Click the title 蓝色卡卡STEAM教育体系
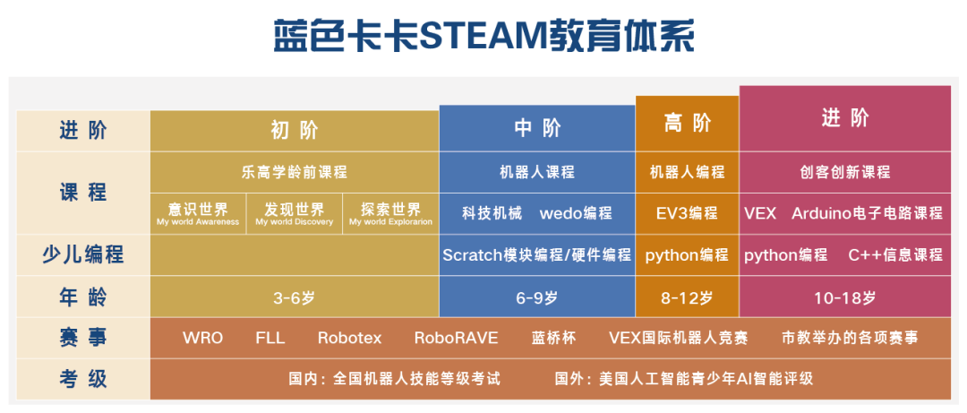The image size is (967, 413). [484, 37]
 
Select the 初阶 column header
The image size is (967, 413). [295, 131]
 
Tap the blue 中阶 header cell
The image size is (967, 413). [537, 128]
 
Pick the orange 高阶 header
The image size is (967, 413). [687, 124]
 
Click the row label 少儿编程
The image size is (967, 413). [83, 255]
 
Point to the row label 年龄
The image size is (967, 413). [83, 297]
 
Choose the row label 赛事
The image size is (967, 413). [83, 338]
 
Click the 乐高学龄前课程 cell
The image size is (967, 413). [295, 172]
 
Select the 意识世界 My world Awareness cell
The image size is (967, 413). [198, 213]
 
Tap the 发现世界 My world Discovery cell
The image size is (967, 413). [295, 213]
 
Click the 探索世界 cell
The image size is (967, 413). [391, 213]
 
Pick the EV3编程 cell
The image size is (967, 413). [687, 213]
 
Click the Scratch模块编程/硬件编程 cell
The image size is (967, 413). [537, 255]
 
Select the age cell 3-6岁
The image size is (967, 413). [295, 297]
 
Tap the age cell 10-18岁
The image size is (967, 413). [845, 297]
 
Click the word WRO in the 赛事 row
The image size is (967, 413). [203, 339]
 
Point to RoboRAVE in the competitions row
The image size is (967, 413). [457, 339]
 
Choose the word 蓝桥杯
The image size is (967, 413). [554, 339]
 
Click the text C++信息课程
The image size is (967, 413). [895, 255]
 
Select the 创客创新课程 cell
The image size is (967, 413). [845, 172]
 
